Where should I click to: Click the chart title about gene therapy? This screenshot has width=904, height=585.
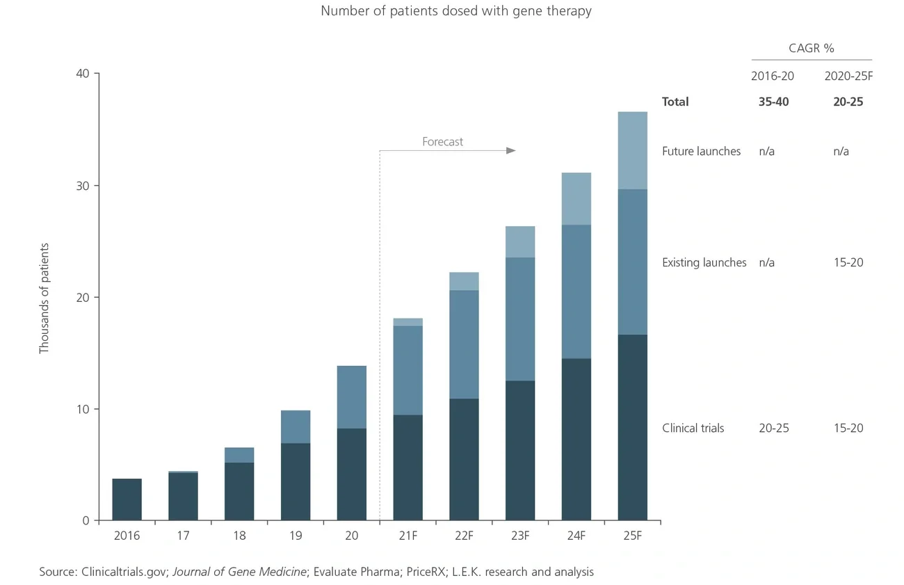(455, 11)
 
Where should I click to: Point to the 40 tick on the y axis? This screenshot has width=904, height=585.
(83, 74)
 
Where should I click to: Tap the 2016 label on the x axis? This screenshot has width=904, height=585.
(127, 536)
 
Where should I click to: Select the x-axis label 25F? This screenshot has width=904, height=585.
(632, 536)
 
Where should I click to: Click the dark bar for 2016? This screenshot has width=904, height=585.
(127, 499)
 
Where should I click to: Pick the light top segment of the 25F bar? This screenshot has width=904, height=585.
(632, 150)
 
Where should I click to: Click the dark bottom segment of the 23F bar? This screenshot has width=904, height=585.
(520, 450)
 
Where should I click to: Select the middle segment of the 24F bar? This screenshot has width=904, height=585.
(576, 291)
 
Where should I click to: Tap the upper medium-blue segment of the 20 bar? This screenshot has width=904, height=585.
(351, 397)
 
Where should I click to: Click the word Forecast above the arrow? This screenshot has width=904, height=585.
(442, 142)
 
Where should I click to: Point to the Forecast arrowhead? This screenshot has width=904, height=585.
(512, 151)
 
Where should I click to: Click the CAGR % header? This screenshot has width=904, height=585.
(811, 48)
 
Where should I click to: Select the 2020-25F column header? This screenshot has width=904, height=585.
(848, 77)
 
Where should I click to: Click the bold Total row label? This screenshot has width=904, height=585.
(675, 102)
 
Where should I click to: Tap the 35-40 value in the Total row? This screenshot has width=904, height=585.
(773, 102)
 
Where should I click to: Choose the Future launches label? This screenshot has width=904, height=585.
(701, 151)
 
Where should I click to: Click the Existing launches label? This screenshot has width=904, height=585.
(704, 262)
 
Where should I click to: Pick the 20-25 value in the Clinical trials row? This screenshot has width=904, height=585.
(773, 428)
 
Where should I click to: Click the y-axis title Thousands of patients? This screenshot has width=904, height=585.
(45, 298)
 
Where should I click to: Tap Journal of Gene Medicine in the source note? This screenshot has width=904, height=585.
(239, 572)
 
